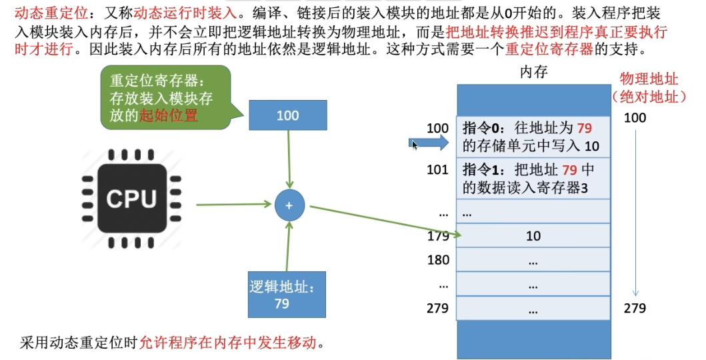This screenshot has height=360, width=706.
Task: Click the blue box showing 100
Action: click(x=288, y=115)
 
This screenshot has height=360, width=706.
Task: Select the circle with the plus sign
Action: click(x=289, y=205)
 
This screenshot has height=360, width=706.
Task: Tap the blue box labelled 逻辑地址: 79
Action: click(x=287, y=295)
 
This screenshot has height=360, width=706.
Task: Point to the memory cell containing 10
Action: click(x=533, y=236)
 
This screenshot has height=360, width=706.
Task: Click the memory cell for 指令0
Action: click(x=533, y=137)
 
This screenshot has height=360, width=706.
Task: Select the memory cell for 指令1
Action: click(x=533, y=179)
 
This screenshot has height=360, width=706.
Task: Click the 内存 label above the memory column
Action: click(x=533, y=72)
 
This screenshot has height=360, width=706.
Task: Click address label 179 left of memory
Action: click(x=438, y=236)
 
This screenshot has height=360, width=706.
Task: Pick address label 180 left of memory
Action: click(x=438, y=260)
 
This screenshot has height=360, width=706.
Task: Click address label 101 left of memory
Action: click(x=438, y=169)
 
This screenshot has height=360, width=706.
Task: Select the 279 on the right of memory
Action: click(x=635, y=308)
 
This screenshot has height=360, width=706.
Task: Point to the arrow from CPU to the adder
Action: click(x=233, y=205)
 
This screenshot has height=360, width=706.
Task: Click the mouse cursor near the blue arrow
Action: click(x=415, y=145)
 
